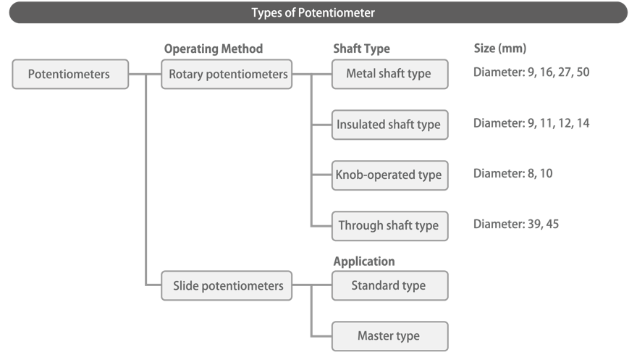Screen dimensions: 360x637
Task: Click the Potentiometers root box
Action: tap(70, 74)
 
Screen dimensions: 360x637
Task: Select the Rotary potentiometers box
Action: tap(227, 74)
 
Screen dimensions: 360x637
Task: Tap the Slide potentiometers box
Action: tap(227, 285)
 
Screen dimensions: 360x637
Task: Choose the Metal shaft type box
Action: tap(389, 74)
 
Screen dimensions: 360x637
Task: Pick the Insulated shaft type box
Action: tap(389, 125)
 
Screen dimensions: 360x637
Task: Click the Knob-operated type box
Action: tap(389, 175)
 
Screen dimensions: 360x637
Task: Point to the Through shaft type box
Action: tap(389, 225)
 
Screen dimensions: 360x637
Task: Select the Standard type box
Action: tap(389, 285)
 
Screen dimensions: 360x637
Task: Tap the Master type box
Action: tap(389, 336)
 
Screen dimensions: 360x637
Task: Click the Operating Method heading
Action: tap(213, 49)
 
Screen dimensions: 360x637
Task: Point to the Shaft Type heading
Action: tap(360, 49)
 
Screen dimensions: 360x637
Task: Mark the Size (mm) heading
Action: tap(499, 49)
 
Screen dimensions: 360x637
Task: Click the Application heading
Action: tap(363, 261)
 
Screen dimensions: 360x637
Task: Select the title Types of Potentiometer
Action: tap(313, 12)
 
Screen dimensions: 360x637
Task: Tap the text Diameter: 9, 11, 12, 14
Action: tap(531, 123)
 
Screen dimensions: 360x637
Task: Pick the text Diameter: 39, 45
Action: tap(515, 224)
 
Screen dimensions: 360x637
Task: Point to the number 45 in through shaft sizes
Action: tap(551, 224)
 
